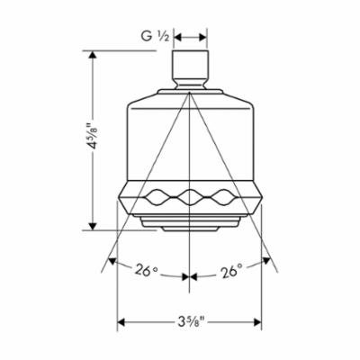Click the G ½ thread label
click(156, 37)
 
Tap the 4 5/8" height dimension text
click(93, 136)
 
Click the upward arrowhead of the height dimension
click(93, 55)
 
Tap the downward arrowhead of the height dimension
click(93, 227)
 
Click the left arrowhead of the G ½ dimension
click(177, 37)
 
